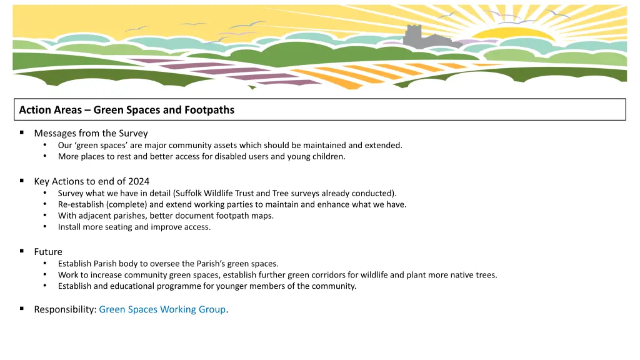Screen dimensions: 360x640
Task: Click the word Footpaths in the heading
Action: tap(209, 110)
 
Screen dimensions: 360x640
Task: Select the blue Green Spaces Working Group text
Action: tap(162, 309)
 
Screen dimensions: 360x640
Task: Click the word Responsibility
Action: tap(65, 309)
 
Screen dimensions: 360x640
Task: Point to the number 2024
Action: tap(139, 181)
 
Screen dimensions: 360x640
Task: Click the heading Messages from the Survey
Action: tap(91, 133)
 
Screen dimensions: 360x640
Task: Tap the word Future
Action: tap(48, 252)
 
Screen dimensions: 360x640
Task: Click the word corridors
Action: tap(338, 275)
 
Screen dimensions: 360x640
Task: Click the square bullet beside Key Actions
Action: tap(22, 181)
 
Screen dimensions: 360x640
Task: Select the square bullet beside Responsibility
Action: tap(22, 309)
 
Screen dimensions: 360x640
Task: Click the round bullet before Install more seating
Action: tap(46, 227)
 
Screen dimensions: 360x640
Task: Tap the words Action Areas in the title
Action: tap(50, 110)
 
